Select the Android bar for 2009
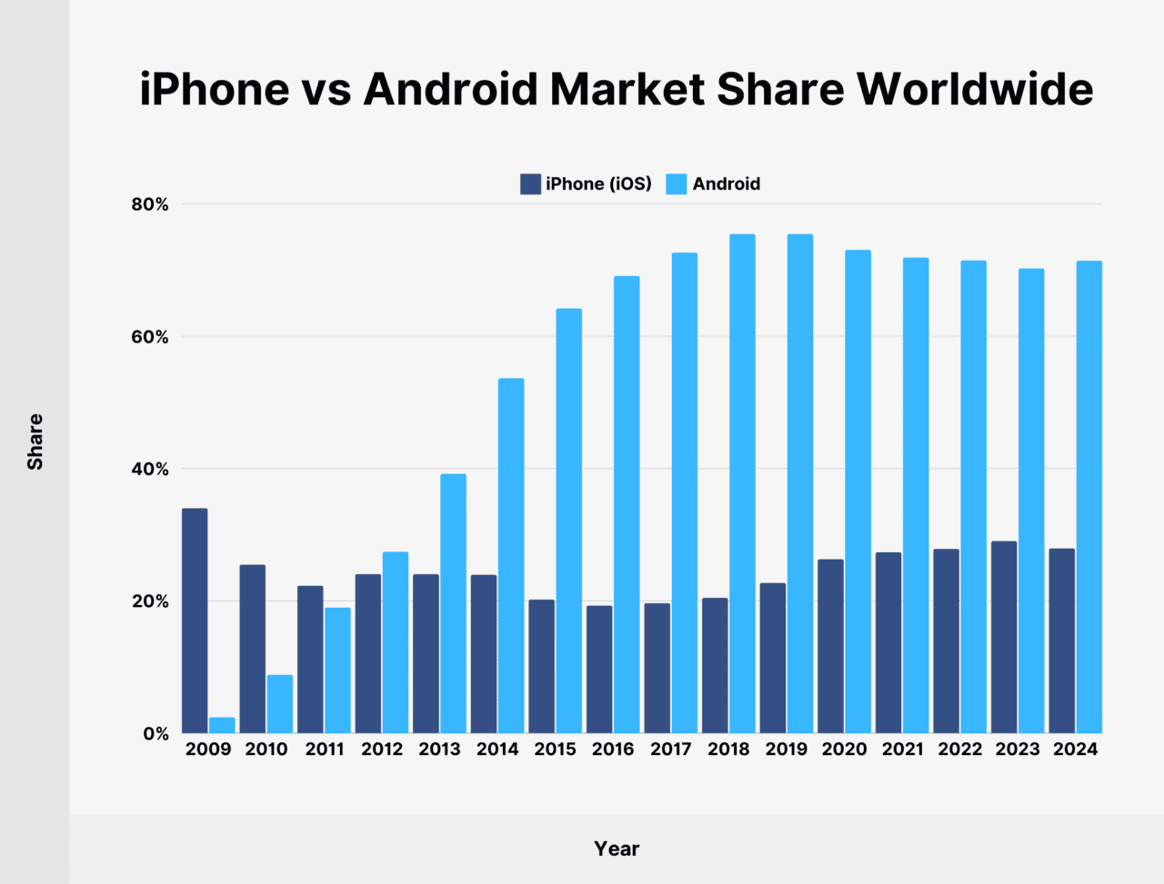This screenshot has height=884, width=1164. coord(222,725)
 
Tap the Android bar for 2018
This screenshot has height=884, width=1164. coord(742,483)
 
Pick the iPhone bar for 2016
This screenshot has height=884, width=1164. coord(599,669)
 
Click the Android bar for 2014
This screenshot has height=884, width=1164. coord(511,555)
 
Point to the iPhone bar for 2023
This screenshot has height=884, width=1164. coord(1004,637)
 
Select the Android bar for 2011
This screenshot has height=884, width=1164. coord(337,670)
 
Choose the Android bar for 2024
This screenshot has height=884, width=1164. coord(1089,497)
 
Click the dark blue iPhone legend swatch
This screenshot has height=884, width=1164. coord(530,184)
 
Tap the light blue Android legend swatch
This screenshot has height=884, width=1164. coord(676,184)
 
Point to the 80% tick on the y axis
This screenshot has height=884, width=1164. coord(150,204)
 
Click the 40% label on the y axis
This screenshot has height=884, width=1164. coord(150,469)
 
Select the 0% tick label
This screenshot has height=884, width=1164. coord(156,733)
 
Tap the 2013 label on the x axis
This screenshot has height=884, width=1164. coord(439,750)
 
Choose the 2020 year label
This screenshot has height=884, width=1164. coord(844,750)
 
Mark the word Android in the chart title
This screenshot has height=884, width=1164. coord(451,89)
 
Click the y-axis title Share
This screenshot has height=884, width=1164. coord(35,442)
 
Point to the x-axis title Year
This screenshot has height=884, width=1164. coord(617,849)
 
